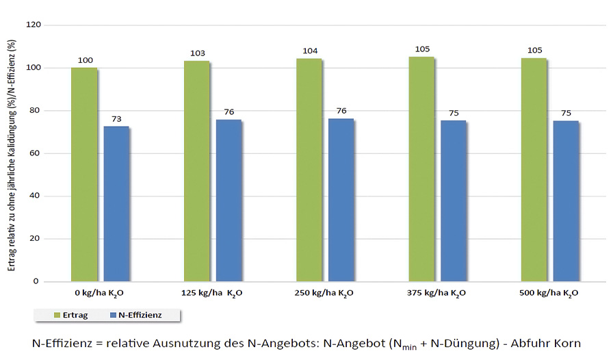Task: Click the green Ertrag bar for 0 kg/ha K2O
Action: click(84, 175)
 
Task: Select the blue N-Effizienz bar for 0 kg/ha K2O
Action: click(116, 203)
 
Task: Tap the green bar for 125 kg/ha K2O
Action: click(196, 171)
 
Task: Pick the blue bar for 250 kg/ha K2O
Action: click(341, 200)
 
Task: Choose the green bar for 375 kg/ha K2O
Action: click(421, 169)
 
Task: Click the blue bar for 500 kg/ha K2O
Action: click(566, 201)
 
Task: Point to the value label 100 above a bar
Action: click(86, 61)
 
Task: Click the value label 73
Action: click(117, 119)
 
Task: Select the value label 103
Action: click(198, 53)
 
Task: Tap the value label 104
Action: click(310, 51)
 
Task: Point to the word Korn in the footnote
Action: click(573, 342)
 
